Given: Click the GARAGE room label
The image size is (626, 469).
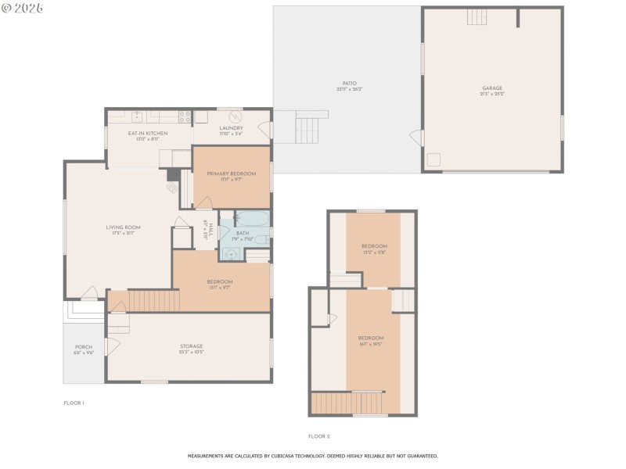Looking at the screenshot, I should tap(492, 88).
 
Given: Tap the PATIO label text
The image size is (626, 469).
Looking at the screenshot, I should tap(349, 83).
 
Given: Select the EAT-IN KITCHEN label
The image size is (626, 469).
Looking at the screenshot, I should tap(148, 134).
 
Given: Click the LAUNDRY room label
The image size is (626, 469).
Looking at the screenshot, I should tap(231, 128).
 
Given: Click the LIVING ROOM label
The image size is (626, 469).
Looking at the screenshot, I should tap(123, 227).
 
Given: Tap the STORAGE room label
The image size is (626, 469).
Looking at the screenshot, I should tap(192, 346).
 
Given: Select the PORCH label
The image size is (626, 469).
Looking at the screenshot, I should tap(84, 347).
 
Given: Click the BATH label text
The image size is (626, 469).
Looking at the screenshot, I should tap(243, 233).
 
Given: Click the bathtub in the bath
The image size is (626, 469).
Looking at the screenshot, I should tap(253, 219).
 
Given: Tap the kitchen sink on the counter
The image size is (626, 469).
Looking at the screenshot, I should tap(137, 117).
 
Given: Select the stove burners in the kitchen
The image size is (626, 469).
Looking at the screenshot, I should tap(185, 117).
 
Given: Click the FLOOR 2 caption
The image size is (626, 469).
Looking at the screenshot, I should tap(319, 435).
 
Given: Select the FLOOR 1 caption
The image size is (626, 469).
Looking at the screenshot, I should tap(74, 403).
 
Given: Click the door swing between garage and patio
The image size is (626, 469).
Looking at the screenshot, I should tap(417, 138).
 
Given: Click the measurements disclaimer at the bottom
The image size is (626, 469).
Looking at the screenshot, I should tap(312, 455).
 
